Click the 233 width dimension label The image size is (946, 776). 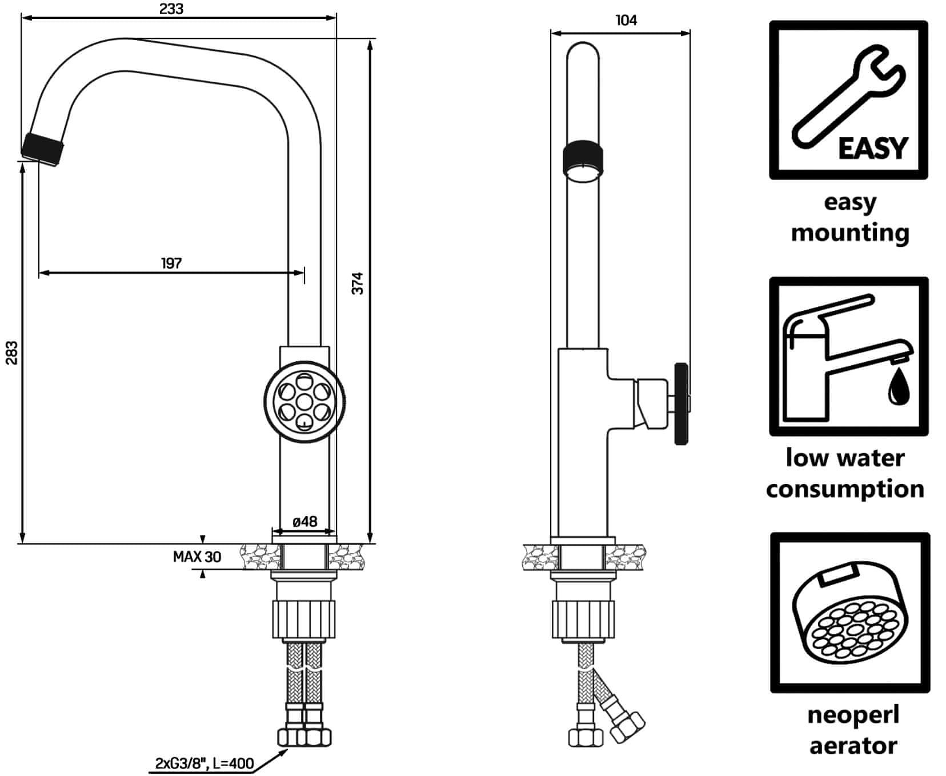(x=171, y=9)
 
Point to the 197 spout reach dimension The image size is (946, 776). (x=171, y=263)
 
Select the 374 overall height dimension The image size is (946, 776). (x=358, y=283)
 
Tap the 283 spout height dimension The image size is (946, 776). (x=12, y=353)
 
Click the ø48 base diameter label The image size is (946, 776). (x=304, y=521)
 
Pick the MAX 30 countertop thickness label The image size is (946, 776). (x=197, y=557)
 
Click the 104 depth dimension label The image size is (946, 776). (x=626, y=20)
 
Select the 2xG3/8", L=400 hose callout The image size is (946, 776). (x=204, y=763)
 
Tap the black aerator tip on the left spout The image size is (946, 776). (x=43, y=149)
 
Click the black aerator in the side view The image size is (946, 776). (x=583, y=159)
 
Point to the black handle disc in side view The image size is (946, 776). (x=681, y=403)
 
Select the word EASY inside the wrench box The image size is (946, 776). (x=872, y=149)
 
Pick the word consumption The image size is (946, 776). (x=845, y=490)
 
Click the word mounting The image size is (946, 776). (x=850, y=233)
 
